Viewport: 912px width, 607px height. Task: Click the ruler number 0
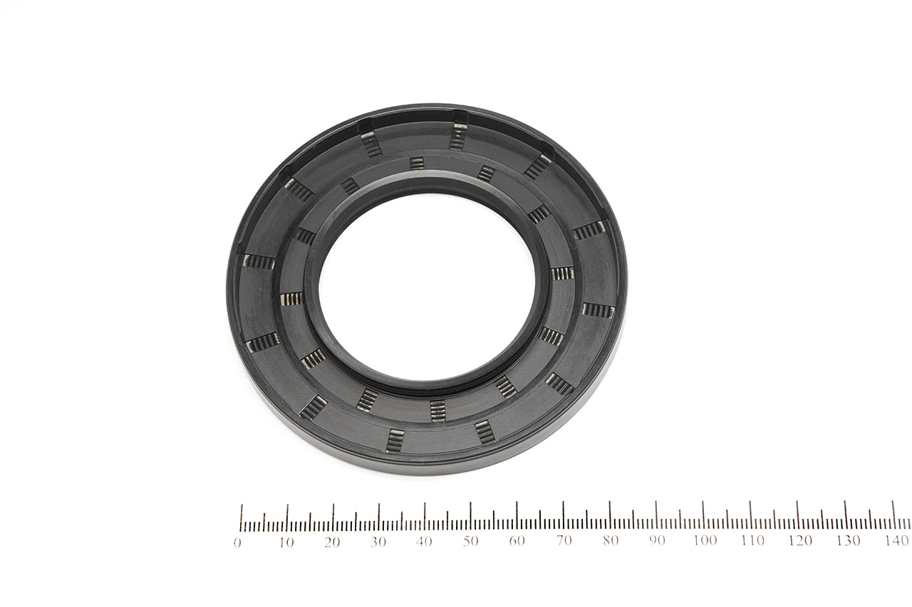(237, 543)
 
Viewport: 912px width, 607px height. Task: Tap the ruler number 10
(286, 543)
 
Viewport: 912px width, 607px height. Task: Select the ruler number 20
(332, 542)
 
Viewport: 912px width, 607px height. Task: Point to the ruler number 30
(378, 542)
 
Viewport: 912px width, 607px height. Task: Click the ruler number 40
(424, 542)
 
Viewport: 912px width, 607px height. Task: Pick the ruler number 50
(470, 541)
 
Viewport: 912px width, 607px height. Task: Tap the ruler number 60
(517, 541)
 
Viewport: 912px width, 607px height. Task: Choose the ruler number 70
(564, 540)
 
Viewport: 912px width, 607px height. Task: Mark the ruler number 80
(611, 540)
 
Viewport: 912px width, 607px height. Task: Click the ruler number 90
(657, 540)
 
